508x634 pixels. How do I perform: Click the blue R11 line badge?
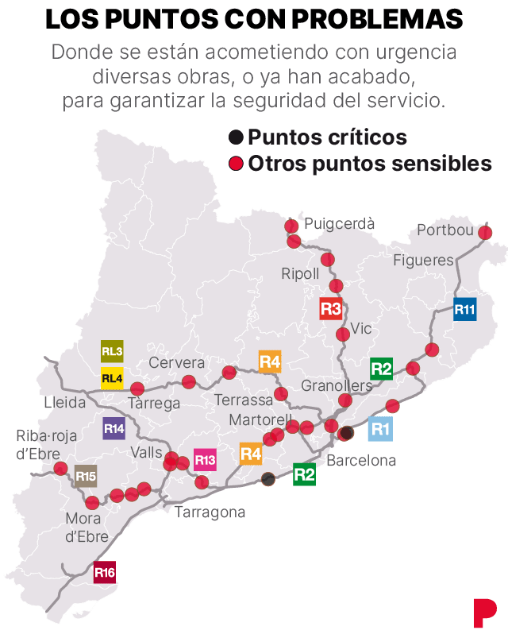(x=465, y=308)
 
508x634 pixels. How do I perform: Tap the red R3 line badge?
(x=331, y=308)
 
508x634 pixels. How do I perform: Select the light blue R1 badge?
(x=381, y=429)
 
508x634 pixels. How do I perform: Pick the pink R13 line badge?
(x=205, y=460)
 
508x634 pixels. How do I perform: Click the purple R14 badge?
(x=114, y=429)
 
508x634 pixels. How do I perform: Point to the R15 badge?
(x=86, y=477)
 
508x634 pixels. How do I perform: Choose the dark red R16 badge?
(x=105, y=572)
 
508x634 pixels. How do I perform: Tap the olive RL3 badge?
(x=112, y=351)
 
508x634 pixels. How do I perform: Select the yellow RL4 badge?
(x=112, y=378)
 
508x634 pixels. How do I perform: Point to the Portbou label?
(x=445, y=231)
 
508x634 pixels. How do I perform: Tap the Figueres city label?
(x=423, y=260)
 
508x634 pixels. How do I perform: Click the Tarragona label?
(x=210, y=512)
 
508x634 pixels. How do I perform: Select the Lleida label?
(x=65, y=402)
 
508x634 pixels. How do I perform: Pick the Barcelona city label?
(x=361, y=460)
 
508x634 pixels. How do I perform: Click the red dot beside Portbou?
(x=485, y=233)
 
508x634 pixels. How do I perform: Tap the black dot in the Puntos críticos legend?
(x=236, y=137)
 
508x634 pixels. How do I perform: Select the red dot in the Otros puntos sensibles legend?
(x=236, y=164)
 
